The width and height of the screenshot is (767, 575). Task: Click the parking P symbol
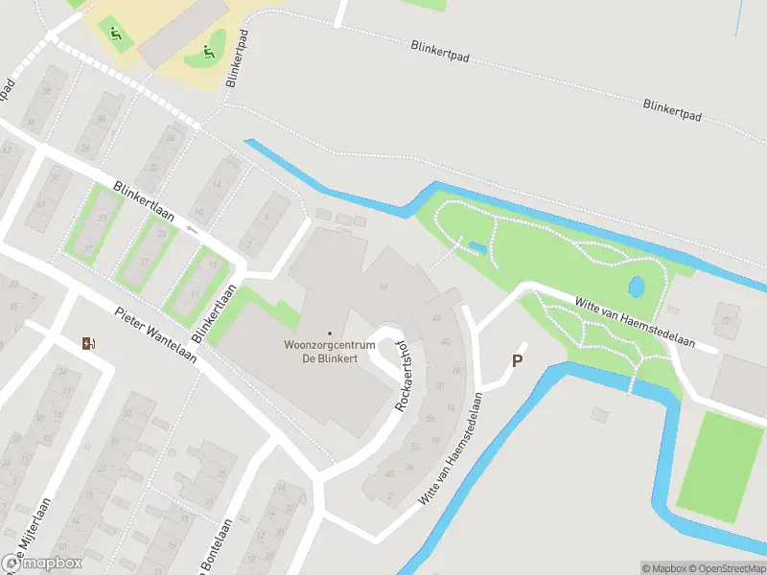pyautogui.click(x=518, y=361)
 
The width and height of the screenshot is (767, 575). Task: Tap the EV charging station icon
pyautogui.click(x=89, y=344)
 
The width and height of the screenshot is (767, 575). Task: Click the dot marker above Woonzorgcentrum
pyautogui.click(x=330, y=333)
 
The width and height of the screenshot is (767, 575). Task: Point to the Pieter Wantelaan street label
pyautogui.click(x=155, y=334)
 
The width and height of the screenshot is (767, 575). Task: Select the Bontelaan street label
pyautogui.click(x=215, y=546)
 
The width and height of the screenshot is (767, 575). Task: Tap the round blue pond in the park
pyautogui.click(x=635, y=286)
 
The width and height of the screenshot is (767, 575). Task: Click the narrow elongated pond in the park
pyautogui.click(x=476, y=249)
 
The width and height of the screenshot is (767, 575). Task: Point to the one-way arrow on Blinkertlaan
pyautogui.click(x=193, y=229)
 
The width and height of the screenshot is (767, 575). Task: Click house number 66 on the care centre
pyautogui.click(x=383, y=286)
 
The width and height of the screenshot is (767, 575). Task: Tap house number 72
pyautogui.click(x=726, y=320)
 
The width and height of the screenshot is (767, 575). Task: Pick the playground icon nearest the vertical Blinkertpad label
pyautogui.click(x=206, y=52)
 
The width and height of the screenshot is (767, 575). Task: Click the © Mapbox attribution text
pyautogui.click(x=663, y=568)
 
